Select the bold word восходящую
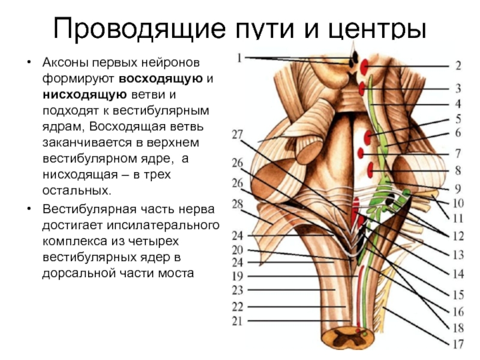coord(163,78)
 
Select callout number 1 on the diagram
coord(240,58)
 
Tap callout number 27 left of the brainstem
coord(238,135)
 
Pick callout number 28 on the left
coord(238,205)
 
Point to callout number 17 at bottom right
coord(457,344)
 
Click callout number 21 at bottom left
coord(238,321)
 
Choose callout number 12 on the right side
coord(457,235)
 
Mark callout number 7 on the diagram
coord(457,153)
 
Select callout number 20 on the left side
coord(238,250)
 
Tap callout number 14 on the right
coord(457,274)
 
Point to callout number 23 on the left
coord(238,290)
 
